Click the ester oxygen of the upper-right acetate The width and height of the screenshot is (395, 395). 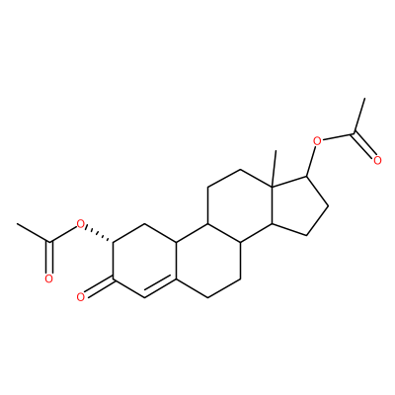tap(317, 141)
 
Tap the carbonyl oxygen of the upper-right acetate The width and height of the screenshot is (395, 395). tap(377, 160)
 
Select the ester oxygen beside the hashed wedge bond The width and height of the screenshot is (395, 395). tap(80, 225)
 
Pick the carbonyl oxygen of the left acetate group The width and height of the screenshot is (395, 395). tap(48, 278)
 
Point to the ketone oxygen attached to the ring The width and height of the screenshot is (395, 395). tap(80, 297)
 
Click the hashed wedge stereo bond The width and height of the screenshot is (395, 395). tap(100, 235)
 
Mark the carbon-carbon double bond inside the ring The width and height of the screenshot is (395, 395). tap(161, 287)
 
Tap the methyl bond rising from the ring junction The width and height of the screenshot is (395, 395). tap(275, 169)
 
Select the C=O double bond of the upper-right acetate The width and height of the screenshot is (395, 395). tap(363, 145)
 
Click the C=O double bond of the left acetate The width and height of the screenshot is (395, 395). tap(49, 258)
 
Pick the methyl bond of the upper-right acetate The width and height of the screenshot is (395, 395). tap(359, 116)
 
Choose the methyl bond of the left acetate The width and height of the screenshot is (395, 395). tap(34, 233)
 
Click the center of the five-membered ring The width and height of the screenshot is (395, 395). tap(297, 207)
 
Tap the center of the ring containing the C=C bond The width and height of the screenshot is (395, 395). tap(145, 262)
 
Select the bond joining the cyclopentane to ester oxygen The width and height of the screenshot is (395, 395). tap(311, 162)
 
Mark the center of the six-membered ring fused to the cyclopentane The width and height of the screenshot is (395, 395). tap(240, 206)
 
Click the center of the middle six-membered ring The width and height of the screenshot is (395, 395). tap(209, 262)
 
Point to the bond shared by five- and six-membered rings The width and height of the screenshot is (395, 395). tap(272, 206)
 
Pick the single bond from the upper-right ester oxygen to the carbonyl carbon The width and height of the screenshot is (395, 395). tap(339, 136)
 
